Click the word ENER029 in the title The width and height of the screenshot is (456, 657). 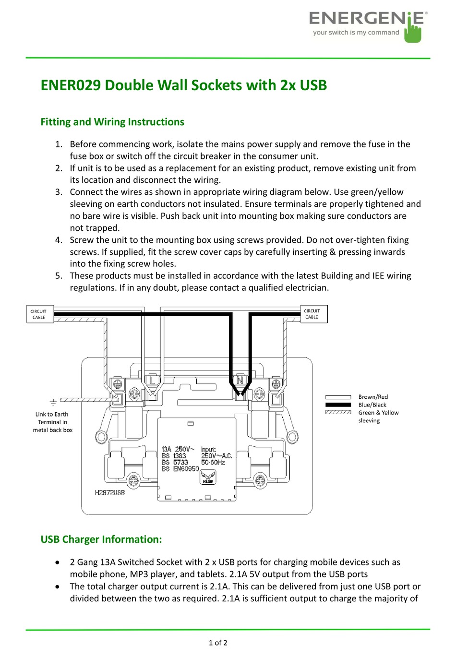point(70,85)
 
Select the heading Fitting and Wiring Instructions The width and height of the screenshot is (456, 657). point(112,122)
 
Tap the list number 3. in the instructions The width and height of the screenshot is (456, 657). point(59,192)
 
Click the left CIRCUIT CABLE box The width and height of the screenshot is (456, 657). point(39,314)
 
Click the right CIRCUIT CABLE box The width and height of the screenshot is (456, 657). point(312,314)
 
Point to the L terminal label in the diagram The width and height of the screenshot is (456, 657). point(153,380)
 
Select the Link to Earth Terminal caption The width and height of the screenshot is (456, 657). point(52,422)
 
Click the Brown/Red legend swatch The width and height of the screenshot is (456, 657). point(338,397)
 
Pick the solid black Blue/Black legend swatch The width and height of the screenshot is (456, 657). point(338,405)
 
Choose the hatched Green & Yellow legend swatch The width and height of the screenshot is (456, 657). point(338,412)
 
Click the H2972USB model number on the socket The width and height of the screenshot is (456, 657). point(109,492)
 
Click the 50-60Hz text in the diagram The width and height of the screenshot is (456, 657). point(213,463)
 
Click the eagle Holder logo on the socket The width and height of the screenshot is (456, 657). point(208,477)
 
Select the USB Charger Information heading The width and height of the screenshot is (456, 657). point(101,539)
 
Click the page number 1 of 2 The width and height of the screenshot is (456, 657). point(218,643)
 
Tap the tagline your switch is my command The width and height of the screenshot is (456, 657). point(356,33)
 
